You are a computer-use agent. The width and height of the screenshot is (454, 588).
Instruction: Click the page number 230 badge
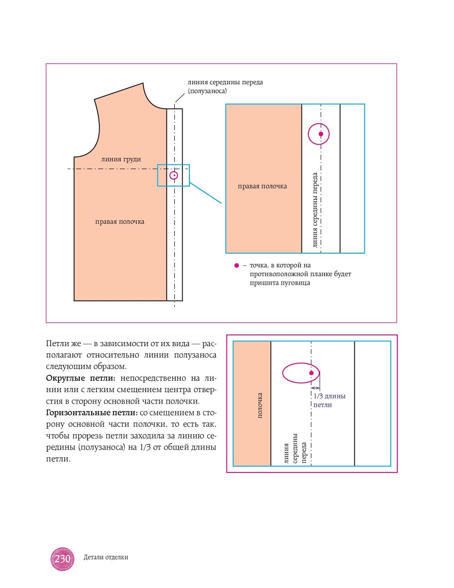tap(62, 558)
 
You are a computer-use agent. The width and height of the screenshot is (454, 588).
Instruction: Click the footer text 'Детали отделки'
tap(106, 557)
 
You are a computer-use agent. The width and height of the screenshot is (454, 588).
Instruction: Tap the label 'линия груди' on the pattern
tap(121, 159)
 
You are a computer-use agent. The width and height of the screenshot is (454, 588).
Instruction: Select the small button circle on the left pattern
tap(173, 175)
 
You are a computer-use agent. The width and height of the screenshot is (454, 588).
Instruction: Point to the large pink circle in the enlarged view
tap(319, 134)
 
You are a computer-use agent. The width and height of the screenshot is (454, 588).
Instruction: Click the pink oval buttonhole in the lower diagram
tap(301, 373)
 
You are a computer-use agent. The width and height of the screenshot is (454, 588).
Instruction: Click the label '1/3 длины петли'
tap(329, 400)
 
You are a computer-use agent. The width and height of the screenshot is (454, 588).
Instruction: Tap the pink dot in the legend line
tap(236, 266)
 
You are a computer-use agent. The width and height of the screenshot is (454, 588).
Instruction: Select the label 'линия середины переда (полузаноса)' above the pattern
tap(225, 86)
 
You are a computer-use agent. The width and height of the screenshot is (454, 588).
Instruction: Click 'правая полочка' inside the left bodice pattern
tap(120, 222)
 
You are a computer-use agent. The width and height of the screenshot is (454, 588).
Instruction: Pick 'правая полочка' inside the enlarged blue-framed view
tap(262, 186)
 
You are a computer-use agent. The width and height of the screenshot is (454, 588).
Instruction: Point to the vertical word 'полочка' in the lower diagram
tap(260, 405)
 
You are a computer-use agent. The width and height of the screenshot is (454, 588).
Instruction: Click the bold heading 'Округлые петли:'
tap(81, 378)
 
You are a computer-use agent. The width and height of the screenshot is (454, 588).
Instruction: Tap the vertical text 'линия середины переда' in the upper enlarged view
tap(315, 210)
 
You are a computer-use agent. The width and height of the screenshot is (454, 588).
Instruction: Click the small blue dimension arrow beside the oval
tap(315, 388)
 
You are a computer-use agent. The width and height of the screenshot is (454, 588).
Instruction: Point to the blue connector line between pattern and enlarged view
tap(205, 193)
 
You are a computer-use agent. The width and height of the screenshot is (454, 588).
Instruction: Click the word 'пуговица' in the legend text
tap(296, 283)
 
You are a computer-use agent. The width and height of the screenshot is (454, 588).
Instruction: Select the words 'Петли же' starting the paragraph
tap(63, 343)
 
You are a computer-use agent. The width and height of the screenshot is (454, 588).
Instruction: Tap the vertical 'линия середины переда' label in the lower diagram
tap(295, 448)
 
